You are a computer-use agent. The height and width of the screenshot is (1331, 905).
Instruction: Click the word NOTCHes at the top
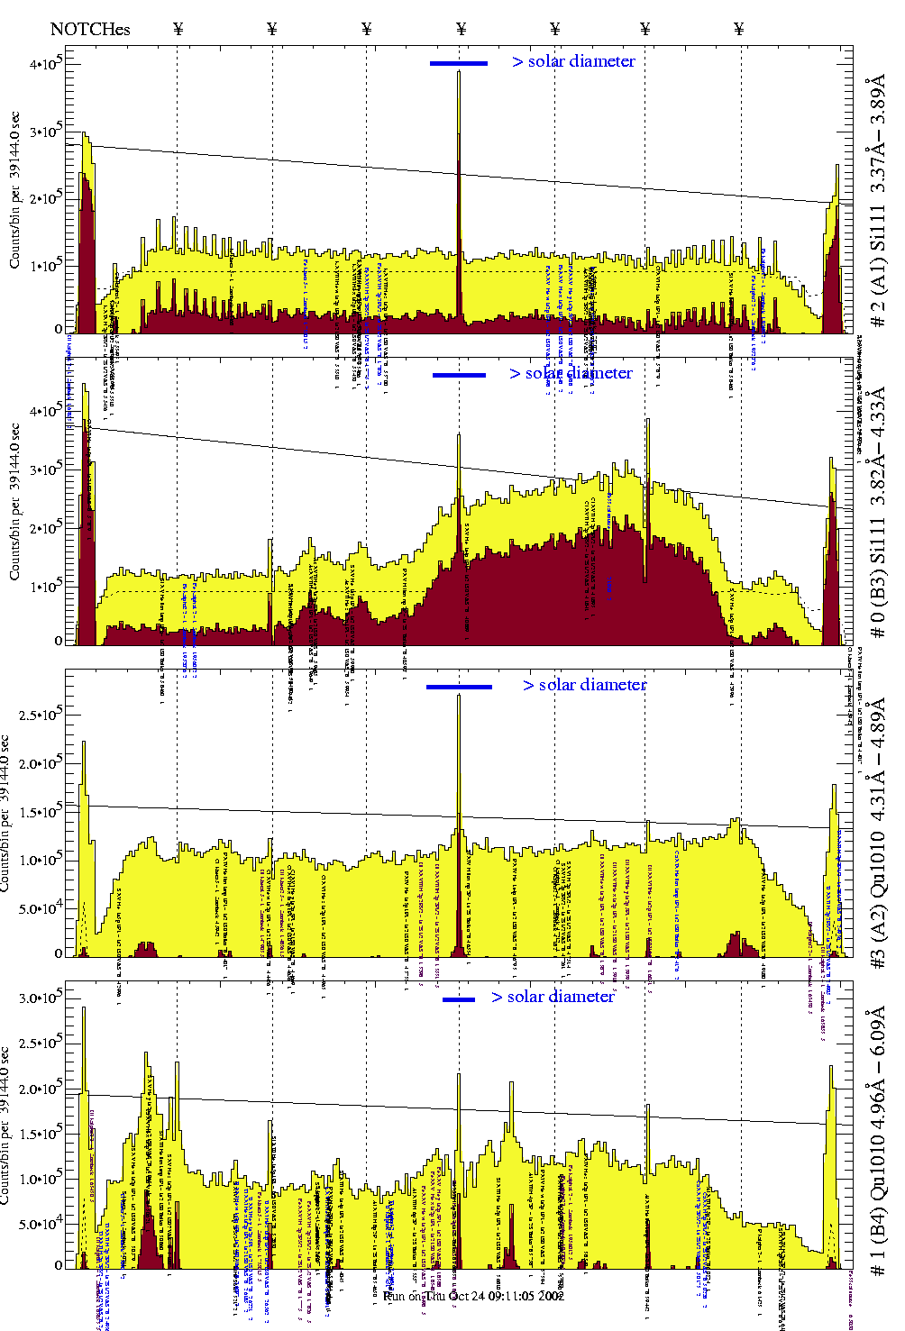[x=90, y=29]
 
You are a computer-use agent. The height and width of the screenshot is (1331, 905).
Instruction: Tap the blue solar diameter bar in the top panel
[x=459, y=63]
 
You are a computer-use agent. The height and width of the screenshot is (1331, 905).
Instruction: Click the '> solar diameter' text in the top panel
[x=573, y=61]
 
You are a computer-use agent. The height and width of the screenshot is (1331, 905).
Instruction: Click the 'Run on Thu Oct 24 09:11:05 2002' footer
[x=473, y=1295]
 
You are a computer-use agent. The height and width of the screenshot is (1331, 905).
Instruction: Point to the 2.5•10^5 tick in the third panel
[x=40, y=715]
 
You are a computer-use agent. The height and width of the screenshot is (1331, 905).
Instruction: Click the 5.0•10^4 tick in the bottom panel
[x=40, y=1224]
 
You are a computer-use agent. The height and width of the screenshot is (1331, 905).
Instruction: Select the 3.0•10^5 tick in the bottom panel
[x=40, y=998]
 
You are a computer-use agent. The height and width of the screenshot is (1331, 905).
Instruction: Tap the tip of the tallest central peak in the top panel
[x=459, y=72]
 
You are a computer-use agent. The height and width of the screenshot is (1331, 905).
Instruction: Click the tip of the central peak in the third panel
[x=459, y=696]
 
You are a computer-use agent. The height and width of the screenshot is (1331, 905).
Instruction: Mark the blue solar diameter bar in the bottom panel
[x=459, y=999]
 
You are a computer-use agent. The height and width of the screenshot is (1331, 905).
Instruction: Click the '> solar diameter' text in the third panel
[x=584, y=685]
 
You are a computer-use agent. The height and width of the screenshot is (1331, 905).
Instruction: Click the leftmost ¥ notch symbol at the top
[x=178, y=29]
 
